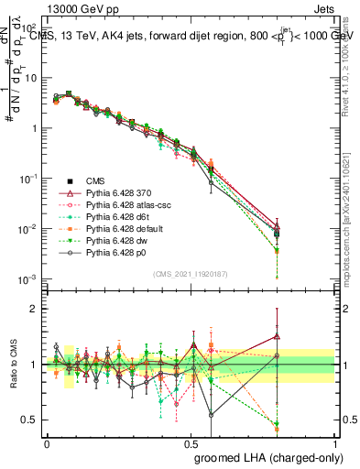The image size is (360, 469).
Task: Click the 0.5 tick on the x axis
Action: tap(191, 442)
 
